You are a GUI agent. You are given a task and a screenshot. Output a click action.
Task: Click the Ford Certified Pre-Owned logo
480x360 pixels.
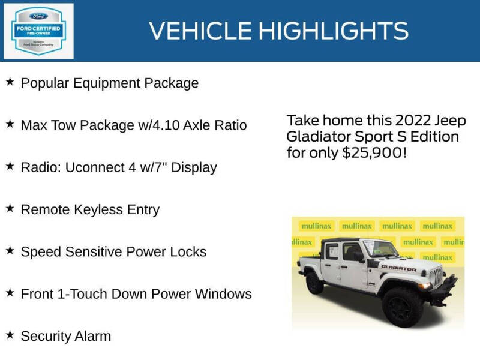pos(38,31)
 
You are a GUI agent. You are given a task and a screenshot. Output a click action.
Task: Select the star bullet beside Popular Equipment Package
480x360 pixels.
pos(10,82)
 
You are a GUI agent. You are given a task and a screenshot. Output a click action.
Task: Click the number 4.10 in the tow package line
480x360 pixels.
pos(164,125)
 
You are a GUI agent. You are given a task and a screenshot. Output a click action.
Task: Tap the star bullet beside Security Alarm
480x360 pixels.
pos(10,334)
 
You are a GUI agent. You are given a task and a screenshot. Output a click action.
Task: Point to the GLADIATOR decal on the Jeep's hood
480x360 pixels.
pos(399,268)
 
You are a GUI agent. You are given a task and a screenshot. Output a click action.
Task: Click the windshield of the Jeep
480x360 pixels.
pos(380,248)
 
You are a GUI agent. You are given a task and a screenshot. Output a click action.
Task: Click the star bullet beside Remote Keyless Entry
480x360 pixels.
pos(10,208)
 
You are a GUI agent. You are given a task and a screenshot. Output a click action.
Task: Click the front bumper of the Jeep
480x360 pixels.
pos(444,299)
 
